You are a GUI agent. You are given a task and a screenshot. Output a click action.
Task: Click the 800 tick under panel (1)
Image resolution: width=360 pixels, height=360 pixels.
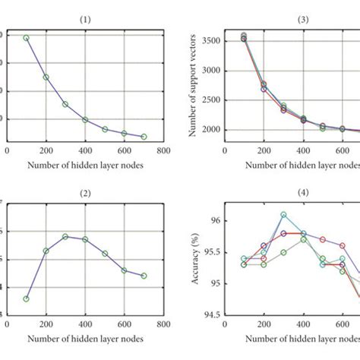click(164, 151)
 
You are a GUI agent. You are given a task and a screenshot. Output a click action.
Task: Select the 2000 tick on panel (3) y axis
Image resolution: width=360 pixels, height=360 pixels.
click(210, 130)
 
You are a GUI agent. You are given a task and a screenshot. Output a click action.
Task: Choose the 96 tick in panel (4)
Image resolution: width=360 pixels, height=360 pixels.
click(216, 221)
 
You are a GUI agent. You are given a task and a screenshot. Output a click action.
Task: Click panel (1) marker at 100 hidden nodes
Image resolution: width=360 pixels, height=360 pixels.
click(26, 37)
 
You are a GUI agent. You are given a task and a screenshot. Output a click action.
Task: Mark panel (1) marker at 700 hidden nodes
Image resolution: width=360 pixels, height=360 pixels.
click(144, 137)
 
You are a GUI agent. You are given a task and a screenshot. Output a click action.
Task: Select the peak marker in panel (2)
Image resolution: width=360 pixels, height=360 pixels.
click(65, 236)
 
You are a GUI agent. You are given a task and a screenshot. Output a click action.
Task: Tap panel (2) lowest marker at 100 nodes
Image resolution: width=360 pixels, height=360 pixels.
click(26, 298)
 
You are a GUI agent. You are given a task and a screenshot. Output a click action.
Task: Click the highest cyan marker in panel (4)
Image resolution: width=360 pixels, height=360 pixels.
click(283, 215)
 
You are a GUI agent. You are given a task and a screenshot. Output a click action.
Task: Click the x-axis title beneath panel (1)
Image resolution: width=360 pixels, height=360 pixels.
click(85, 163)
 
